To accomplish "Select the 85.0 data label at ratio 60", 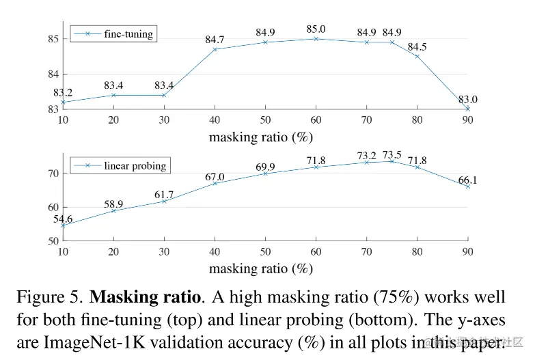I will (x=316, y=29).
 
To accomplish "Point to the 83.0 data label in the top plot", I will (x=467, y=99).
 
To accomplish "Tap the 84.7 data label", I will (x=215, y=40).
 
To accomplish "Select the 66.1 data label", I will (x=467, y=179).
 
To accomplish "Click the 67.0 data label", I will (x=215, y=176).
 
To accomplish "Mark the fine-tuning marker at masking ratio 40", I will (x=215, y=49).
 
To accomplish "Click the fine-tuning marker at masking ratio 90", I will (x=467, y=109).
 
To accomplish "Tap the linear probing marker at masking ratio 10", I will (x=63, y=225).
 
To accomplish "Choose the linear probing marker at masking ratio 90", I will (x=467, y=186).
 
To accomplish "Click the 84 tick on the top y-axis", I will (x=53, y=74).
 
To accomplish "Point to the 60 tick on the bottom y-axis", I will (x=53, y=207).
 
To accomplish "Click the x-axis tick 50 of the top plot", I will (x=265, y=120).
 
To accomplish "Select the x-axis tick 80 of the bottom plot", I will (x=417, y=251).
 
